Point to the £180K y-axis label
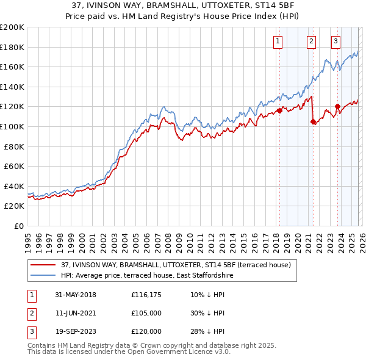[x=12, y=47]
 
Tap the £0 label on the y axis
[x=18, y=226]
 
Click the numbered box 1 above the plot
[x=278, y=41]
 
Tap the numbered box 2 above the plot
[x=311, y=41]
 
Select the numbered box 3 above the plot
[x=336, y=41]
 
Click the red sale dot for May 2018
[x=280, y=110]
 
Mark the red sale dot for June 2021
[x=313, y=121]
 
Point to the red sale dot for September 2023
[x=337, y=107]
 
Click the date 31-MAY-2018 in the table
[x=75, y=295]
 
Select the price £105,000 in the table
[x=146, y=313]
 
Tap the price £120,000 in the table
[x=146, y=331]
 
